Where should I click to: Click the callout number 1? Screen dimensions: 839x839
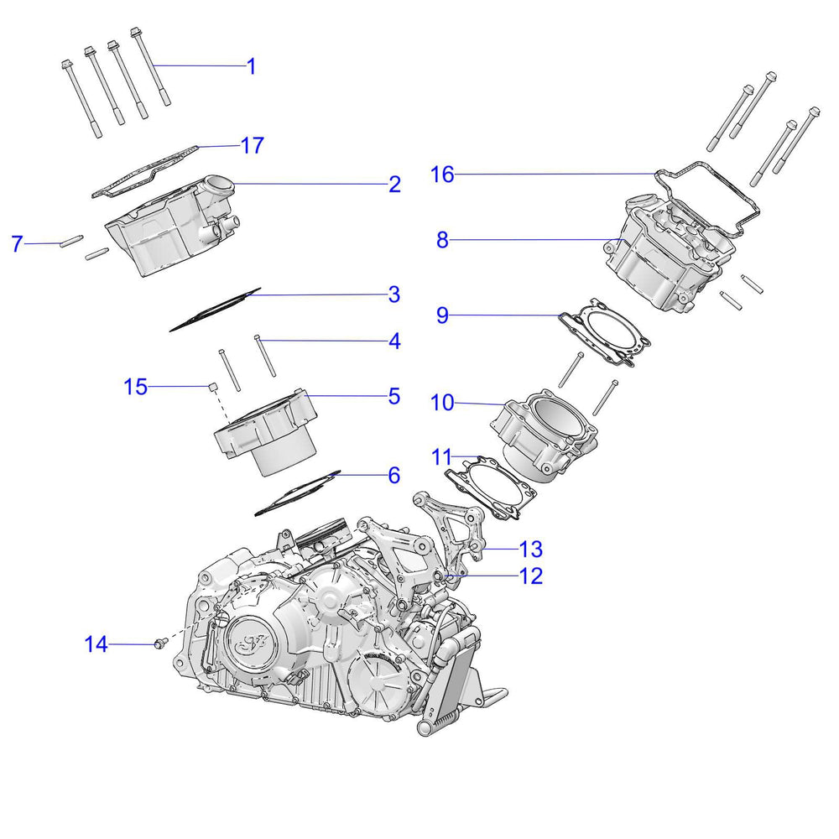point(250,66)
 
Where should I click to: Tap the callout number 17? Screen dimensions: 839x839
point(252,145)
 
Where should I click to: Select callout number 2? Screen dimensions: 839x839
point(394,184)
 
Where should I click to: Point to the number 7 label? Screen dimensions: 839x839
point(17,244)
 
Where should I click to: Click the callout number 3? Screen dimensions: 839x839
point(394,294)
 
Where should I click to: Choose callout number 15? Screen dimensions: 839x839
point(135,387)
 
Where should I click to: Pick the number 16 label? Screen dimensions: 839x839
point(442,175)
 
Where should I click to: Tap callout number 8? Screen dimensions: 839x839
point(442,240)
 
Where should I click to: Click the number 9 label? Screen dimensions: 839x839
point(442,315)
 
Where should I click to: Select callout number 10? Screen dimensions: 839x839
point(442,403)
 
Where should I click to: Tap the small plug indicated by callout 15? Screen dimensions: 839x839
point(213,387)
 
